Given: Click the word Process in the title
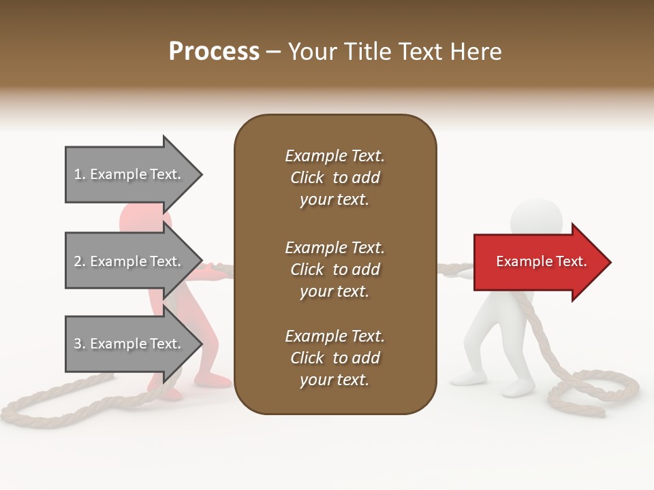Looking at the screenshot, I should pyautogui.click(x=214, y=52).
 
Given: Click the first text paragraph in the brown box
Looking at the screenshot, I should pyautogui.click(x=334, y=178).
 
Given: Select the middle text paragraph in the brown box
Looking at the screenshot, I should pyautogui.click(x=334, y=269).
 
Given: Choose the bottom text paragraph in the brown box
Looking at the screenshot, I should pyautogui.click(x=334, y=358).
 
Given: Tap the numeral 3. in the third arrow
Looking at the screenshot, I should pyautogui.click(x=79, y=344).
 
